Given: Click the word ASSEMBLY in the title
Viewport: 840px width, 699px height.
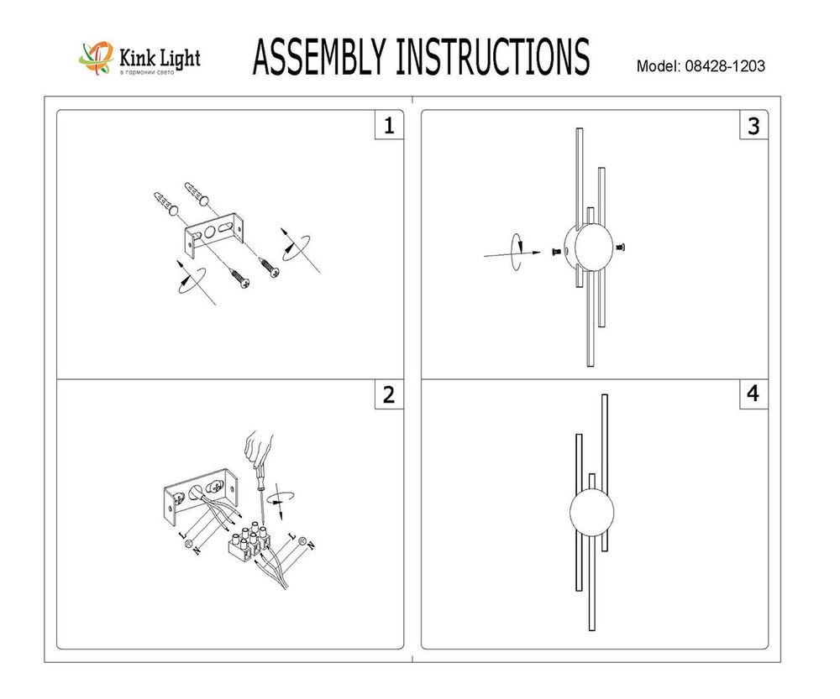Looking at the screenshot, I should pos(319,58).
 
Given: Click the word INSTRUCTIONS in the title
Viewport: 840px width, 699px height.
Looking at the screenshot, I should pos(491,58).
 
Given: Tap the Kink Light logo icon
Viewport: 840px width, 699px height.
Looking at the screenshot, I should pos(94,59).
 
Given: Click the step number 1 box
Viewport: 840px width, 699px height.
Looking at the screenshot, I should pos(388,126).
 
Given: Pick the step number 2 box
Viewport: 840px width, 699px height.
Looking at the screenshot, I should pos(388,395).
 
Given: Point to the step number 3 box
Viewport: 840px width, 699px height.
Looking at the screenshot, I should pos(753,126).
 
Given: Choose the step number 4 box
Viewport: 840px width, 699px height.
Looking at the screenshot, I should pos(753,395).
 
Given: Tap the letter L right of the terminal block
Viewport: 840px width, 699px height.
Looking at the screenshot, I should pos(291,535).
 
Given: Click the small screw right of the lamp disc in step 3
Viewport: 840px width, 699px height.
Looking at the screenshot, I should pos(622,246).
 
